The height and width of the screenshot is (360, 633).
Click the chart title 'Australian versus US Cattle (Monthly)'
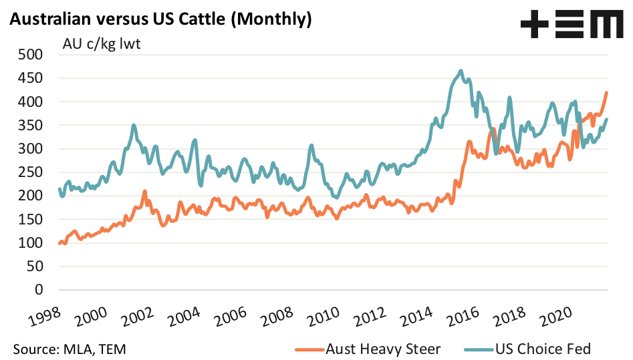click(x=160, y=19)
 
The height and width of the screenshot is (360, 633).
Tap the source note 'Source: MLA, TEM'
click(x=69, y=349)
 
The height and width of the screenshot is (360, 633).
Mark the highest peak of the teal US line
click(x=461, y=70)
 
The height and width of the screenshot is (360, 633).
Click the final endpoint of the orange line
click(x=606, y=93)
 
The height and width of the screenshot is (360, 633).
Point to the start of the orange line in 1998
click(x=59, y=243)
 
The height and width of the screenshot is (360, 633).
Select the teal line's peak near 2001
click(x=134, y=124)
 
